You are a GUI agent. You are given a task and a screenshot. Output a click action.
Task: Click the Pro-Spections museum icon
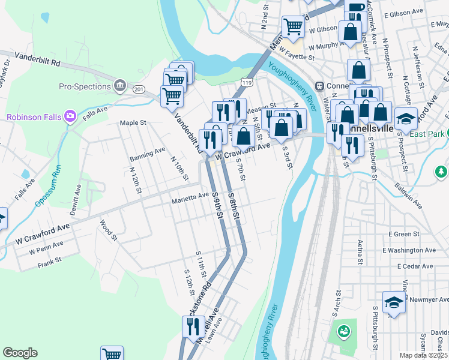coord(119,86)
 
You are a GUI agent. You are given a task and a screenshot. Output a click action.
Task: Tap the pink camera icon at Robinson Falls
coord(70,115)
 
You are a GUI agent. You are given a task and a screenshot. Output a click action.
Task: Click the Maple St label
coord(133,122)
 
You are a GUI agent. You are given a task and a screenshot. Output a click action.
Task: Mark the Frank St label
coord(50,262)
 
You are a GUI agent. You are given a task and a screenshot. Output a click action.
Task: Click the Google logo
coord(20,353)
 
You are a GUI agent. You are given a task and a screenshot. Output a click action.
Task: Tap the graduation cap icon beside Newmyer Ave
coord(394,302)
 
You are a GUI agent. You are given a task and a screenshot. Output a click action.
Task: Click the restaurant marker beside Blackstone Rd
coord(193,326)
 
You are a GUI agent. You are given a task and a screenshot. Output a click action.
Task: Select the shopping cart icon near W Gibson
coord(292,25)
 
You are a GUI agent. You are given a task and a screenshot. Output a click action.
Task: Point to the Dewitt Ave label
coord(77,199)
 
